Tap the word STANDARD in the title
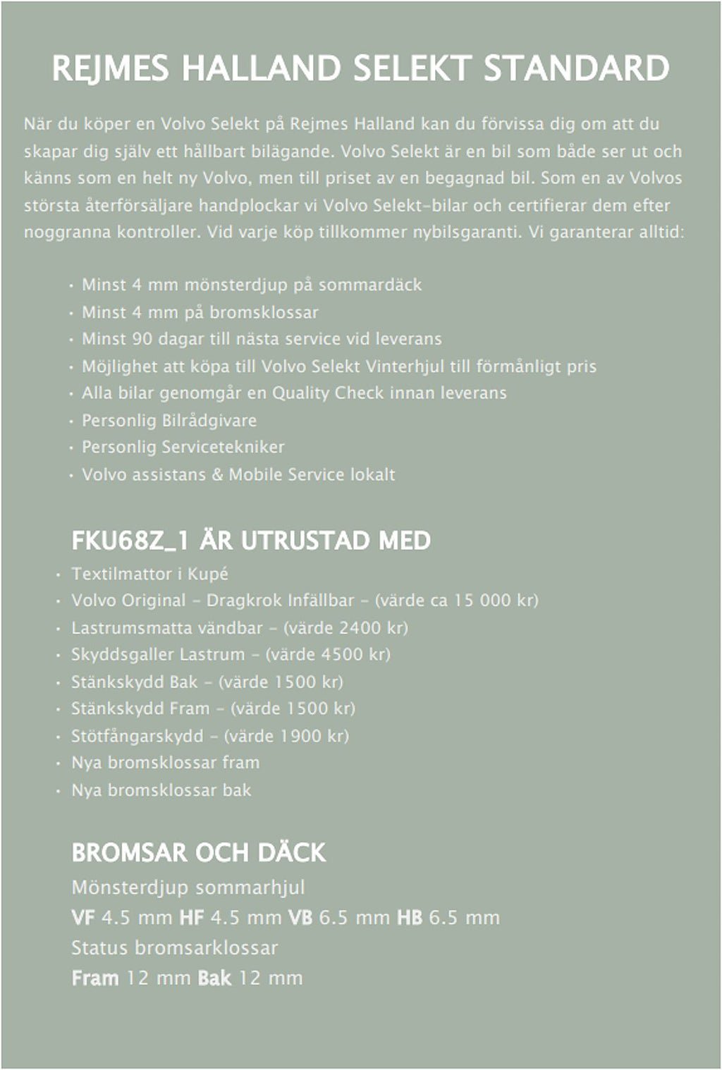[x=576, y=70]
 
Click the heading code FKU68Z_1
[x=131, y=541]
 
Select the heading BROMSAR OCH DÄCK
[x=198, y=853]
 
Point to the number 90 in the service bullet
[x=141, y=339]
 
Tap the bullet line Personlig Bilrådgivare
[x=169, y=420]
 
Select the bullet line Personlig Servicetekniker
[x=183, y=447]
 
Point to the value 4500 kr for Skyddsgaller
[x=351, y=654]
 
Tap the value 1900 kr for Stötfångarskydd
[x=309, y=736]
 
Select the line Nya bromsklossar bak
[x=161, y=790]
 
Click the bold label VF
[x=83, y=918]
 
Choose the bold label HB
[x=410, y=918]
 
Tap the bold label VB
[x=301, y=918]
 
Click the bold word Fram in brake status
[x=95, y=978]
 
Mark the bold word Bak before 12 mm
[x=214, y=978]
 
